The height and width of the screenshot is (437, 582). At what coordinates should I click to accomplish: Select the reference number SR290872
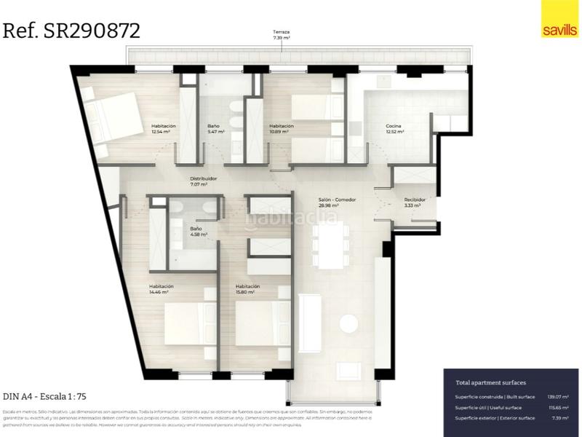tap(72, 31)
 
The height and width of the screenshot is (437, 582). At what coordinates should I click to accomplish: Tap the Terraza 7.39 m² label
tap(282, 35)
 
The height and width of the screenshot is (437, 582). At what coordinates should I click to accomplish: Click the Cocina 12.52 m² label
tap(394, 129)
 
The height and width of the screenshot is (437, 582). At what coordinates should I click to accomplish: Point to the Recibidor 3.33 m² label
tap(414, 202)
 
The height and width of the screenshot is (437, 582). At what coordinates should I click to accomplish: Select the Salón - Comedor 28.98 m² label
tap(336, 202)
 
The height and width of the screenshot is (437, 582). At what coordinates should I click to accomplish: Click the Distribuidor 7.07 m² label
tap(203, 181)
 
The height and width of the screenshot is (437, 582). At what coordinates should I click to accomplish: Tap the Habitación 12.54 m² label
tap(164, 129)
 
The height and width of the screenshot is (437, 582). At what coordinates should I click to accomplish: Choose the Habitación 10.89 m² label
tap(282, 129)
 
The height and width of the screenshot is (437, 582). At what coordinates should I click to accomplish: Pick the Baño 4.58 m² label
tap(199, 231)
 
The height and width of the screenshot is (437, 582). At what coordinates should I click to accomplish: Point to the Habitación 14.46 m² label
tap(161, 289)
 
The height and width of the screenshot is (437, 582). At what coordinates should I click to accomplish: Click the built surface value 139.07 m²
tap(557, 397)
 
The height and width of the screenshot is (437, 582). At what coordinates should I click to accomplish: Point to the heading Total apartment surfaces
tap(490, 382)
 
